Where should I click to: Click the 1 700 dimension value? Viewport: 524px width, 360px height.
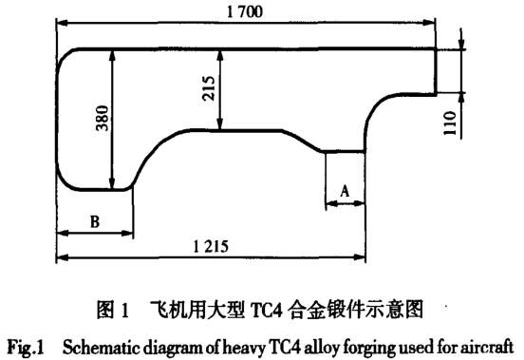(x=245, y=12)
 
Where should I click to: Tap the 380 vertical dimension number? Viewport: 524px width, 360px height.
(x=103, y=118)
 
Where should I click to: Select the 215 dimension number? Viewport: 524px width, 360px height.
(x=209, y=88)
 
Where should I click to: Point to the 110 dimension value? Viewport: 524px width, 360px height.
(x=450, y=123)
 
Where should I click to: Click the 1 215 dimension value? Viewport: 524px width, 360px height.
(x=211, y=247)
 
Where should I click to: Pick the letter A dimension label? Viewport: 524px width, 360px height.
(x=345, y=191)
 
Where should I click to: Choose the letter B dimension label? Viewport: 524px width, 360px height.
(x=95, y=221)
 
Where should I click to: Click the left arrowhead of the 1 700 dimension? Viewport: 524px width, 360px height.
(x=63, y=23)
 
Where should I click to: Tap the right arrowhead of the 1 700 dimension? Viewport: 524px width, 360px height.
(x=429, y=23)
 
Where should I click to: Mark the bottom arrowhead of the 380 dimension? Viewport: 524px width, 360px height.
(x=112, y=182)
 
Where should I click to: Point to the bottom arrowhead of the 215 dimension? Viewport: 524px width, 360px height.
(x=219, y=123)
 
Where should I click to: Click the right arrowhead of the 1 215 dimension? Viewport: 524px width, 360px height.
(x=359, y=257)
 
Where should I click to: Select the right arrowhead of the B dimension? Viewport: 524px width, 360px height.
(x=127, y=233)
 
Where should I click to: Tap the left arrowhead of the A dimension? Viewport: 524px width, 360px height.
(x=331, y=203)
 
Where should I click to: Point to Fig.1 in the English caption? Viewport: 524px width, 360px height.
(x=26, y=348)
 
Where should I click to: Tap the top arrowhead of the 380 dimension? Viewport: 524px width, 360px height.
(x=112, y=56)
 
